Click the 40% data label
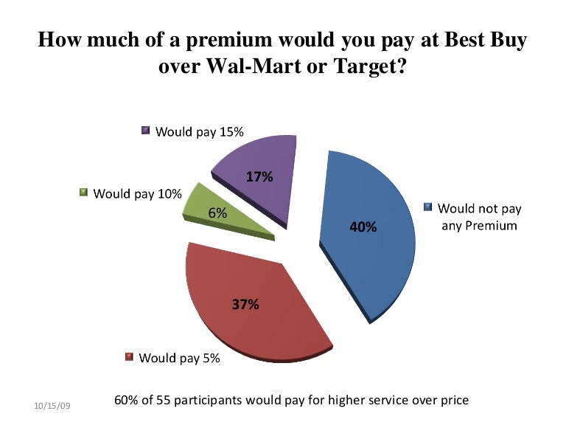tap(363, 227)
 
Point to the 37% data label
tap(245, 303)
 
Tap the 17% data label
tap(259, 177)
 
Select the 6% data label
tap(217, 213)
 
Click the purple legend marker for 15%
tap(146, 131)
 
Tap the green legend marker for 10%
tap(83, 193)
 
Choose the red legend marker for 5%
tap(129, 358)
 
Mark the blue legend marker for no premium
tap(427, 208)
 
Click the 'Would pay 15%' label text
tap(199, 132)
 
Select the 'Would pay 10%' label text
tap(137, 194)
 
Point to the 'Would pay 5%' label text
tap(179, 359)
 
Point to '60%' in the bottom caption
tap(127, 400)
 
